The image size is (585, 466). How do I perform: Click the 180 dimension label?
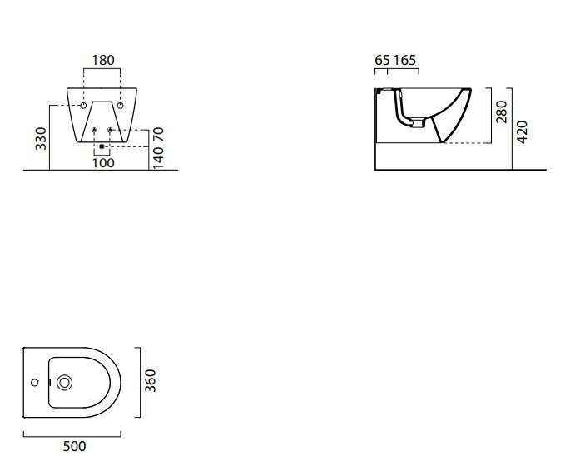pos(103,60)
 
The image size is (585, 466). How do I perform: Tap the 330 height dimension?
pos(41,138)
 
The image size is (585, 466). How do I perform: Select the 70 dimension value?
pos(158,134)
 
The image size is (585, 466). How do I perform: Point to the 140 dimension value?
pos(158,157)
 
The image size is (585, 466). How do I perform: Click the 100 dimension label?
pos(103,163)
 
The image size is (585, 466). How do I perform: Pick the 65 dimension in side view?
pos(383,60)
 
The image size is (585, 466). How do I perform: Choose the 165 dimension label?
pos(404,60)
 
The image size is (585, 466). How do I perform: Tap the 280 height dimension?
pos(502,112)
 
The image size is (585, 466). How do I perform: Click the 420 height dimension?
pos(523,131)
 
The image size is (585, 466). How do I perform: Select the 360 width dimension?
pos(151,380)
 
